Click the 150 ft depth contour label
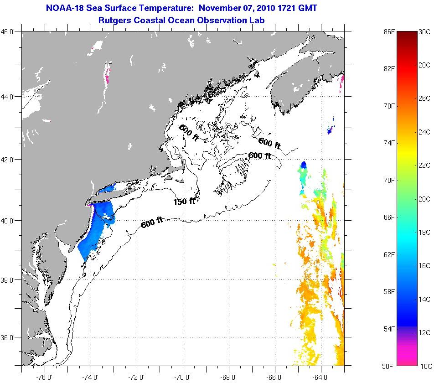185,201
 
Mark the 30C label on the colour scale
424,32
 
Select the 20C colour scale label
424,199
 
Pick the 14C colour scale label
424,300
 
